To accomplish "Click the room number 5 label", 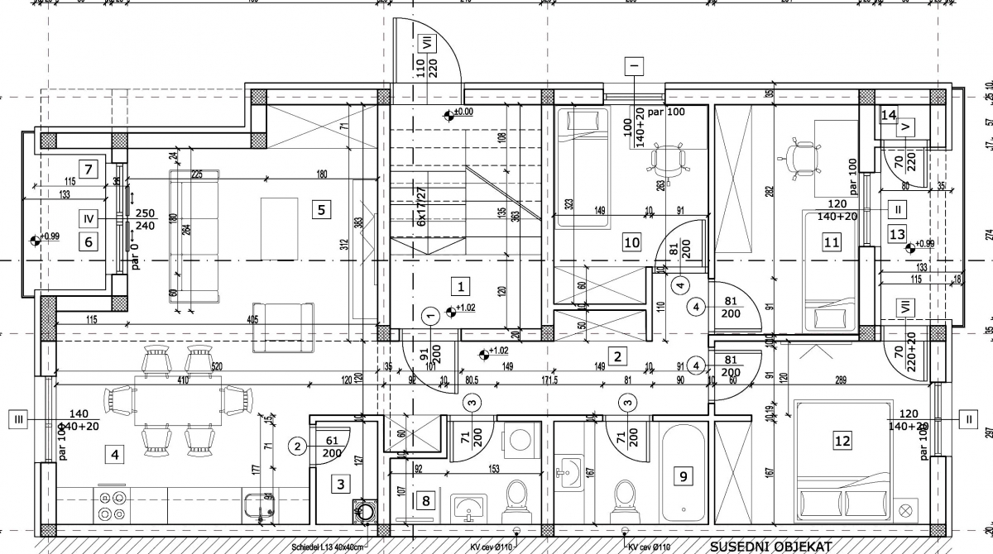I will [321, 209].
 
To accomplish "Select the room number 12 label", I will [842, 441].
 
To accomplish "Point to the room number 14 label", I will [889, 115].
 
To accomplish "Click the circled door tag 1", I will [430, 315].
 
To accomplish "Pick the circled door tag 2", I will [297, 447].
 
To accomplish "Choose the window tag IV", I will [89, 218].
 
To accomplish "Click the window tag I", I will [635, 64].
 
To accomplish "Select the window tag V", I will [906, 127].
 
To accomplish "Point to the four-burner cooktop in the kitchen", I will [113, 504].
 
